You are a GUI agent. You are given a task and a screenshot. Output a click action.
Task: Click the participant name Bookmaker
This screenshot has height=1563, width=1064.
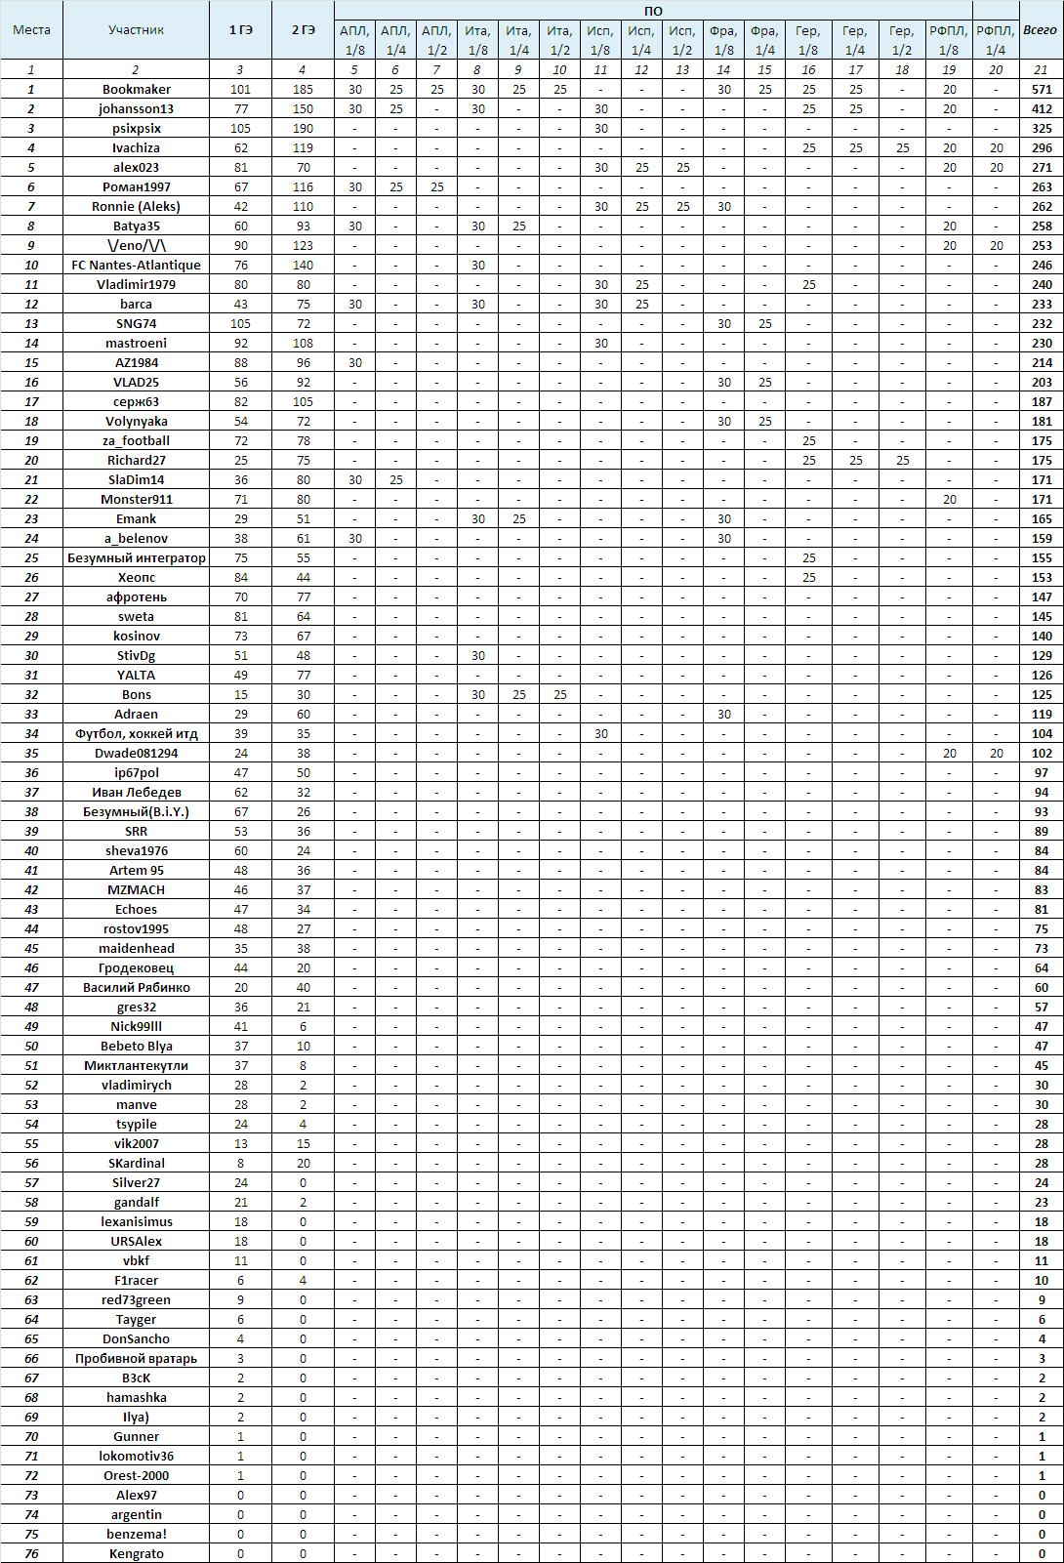[x=136, y=89]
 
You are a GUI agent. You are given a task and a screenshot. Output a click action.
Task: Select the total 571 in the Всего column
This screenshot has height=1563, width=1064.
[x=1042, y=89]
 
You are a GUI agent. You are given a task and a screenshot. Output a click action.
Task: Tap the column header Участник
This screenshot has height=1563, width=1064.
[x=136, y=30]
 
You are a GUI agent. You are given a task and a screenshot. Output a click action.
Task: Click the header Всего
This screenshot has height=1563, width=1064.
[x=1042, y=30]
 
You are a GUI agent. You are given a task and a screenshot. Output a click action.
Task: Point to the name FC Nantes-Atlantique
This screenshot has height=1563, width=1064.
[x=136, y=265]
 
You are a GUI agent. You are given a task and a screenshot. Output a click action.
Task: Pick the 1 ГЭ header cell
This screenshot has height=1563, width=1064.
[x=240, y=30]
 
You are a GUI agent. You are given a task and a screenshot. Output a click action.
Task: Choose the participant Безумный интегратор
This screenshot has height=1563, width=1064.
[x=136, y=557]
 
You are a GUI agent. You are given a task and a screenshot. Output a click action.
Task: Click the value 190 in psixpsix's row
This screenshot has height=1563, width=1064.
[x=303, y=128]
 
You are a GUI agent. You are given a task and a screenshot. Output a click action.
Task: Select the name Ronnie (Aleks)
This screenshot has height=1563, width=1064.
[x=136, y=206]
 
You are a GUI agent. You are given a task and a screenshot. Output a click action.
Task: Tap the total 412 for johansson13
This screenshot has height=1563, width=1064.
[x=1042, y=108]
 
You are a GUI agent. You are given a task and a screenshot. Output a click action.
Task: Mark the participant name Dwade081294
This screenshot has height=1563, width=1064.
[x=136, y=753]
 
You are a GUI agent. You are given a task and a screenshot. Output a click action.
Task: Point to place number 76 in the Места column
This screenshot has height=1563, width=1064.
[x=31, y=1553]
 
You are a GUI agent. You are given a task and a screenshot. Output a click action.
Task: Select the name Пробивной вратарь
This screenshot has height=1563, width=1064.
[x=136, y=1358]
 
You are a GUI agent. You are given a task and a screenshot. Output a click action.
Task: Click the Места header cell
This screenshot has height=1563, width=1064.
[x=31, y=30]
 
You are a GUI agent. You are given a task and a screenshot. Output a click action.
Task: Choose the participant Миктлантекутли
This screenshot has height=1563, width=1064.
[x=136, y=1065]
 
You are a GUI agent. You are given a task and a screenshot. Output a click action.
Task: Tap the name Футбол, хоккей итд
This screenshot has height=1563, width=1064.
[x=136, y=733]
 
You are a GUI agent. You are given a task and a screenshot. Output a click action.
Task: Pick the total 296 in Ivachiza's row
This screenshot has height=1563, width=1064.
[x=1042, y=147]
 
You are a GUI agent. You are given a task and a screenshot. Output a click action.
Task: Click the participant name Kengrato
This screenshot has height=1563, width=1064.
[x=136, y=1553]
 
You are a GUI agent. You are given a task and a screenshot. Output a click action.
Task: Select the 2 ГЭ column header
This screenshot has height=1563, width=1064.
[x=303, y=30]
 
